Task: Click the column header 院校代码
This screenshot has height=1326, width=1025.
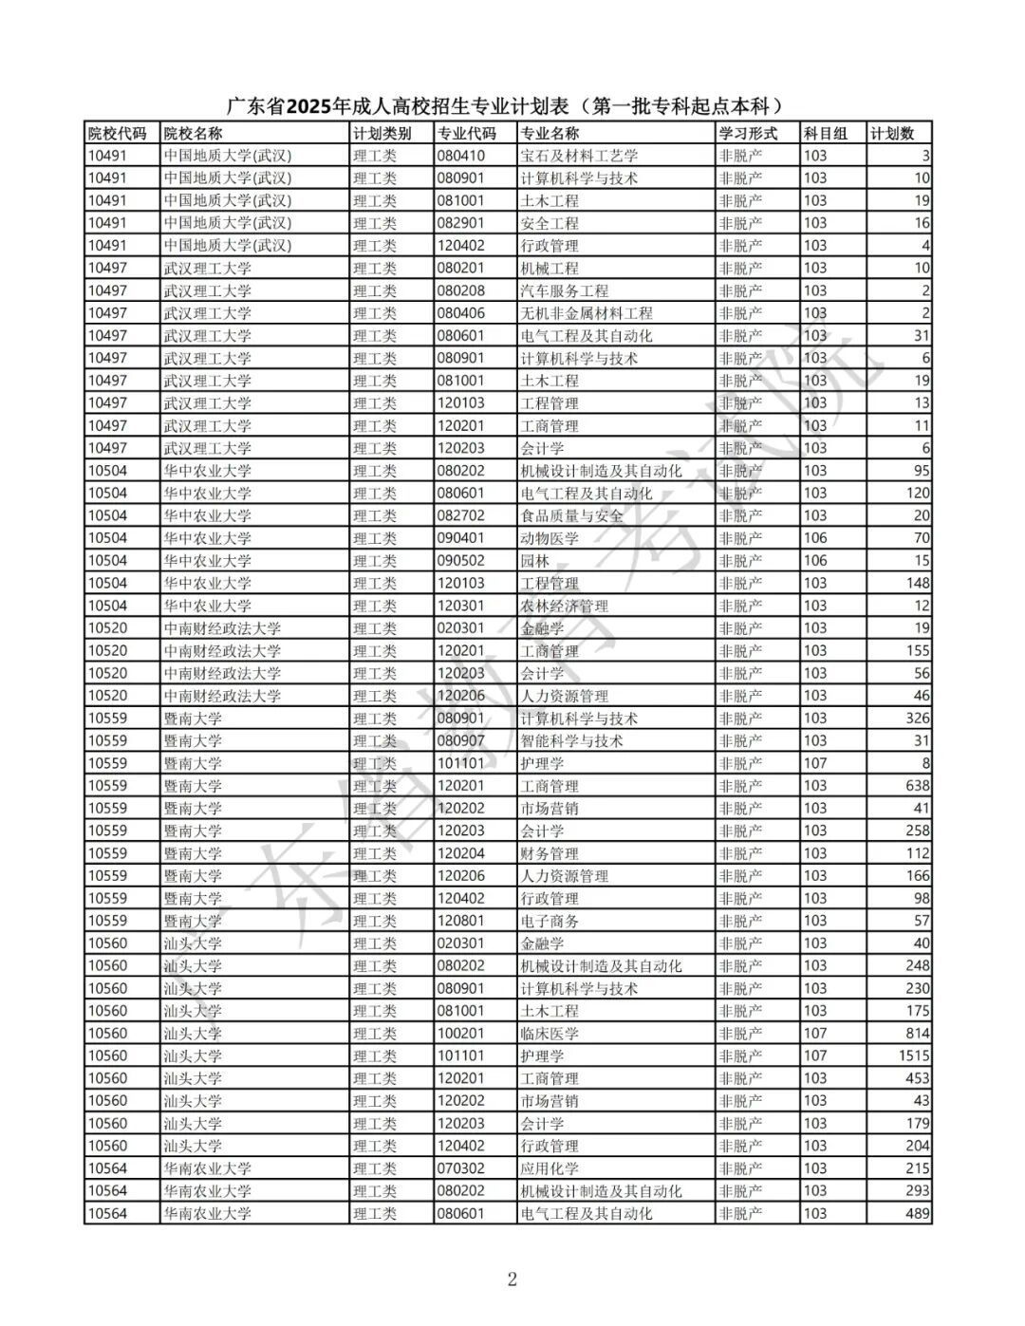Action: [x=117, y=133]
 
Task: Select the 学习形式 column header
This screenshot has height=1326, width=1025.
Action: [x=748, y=133]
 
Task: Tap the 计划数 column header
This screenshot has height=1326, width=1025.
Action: [x=892, y=133]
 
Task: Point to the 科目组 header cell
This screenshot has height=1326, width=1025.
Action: [x=825, y=133]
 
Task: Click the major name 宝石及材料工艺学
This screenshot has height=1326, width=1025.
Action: [x=579, y=156]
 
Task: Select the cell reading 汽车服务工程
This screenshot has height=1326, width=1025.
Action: [x=564, y=290]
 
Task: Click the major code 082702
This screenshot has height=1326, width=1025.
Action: [x=460, y=515]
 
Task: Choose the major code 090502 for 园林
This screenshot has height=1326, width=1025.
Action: [x=460, y=561]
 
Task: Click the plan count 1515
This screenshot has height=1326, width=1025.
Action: [x=914, y=1055]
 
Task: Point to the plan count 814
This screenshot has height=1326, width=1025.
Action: [x=918, y=1034]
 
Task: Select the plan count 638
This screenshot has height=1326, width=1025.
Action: [x=918, y=786]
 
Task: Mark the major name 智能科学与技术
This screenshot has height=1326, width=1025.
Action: [x=571, y=740]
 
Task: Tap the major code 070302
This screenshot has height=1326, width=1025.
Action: [x=460, y=1168]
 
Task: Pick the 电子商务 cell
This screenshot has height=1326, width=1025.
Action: [x=550, y=921]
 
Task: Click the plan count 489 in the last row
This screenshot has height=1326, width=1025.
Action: [x=918, y=1213]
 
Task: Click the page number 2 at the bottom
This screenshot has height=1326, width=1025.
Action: [x=512, y=1279]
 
